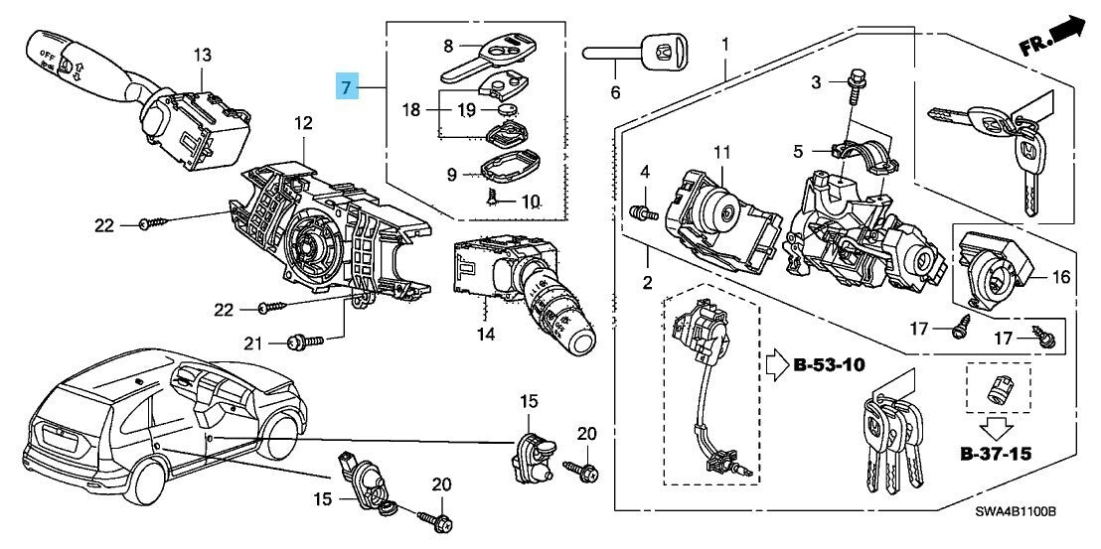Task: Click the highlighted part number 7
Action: coord(345,87)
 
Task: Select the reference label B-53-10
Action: coord(829,364)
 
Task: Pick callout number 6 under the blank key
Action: coord(614,93)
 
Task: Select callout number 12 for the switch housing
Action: coord(302,123)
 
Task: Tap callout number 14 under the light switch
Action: coord(485,335)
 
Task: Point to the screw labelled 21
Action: coord(304,342)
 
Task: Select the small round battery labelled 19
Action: coord(511,112)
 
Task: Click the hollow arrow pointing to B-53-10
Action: coord(775,364)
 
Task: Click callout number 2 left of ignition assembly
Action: coord(646,284)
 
